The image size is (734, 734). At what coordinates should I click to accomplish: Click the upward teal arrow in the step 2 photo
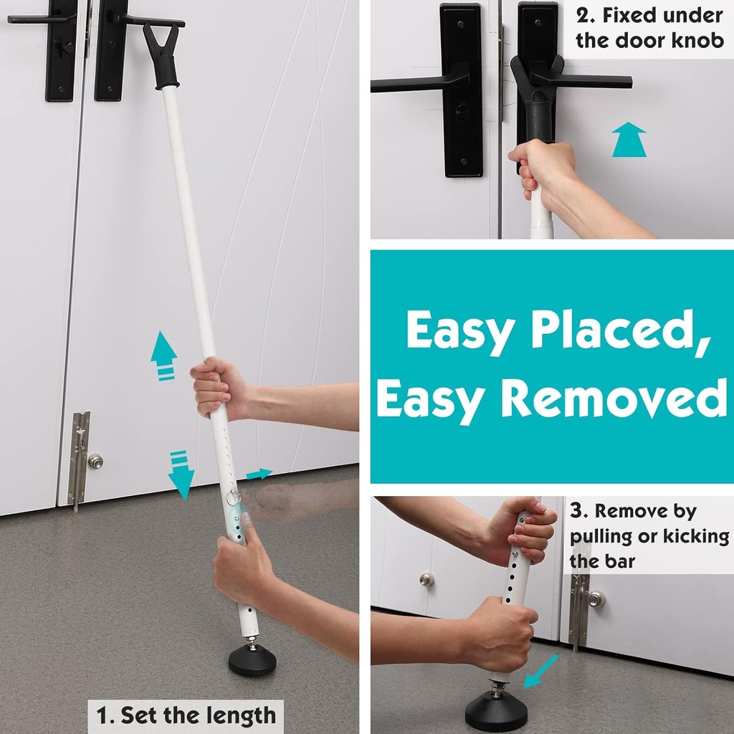click(x=629, y=139)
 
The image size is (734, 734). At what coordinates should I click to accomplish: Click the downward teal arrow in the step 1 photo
click(x=181, y=475)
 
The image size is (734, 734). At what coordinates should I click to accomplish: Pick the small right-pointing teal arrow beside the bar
click(x=259, y=474)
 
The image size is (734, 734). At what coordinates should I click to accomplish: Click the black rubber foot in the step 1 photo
click(x=252, y=659)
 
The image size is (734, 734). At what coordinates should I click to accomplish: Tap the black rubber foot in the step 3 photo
click(x=495, y=712)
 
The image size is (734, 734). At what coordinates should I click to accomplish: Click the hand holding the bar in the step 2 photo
click(x=543, y=168)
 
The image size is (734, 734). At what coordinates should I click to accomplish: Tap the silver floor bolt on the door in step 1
click(x=79, y=459)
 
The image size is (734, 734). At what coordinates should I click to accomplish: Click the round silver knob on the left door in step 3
click(x=427, y=579)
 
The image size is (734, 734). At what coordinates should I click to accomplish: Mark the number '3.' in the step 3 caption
click(x=580, y=512)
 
